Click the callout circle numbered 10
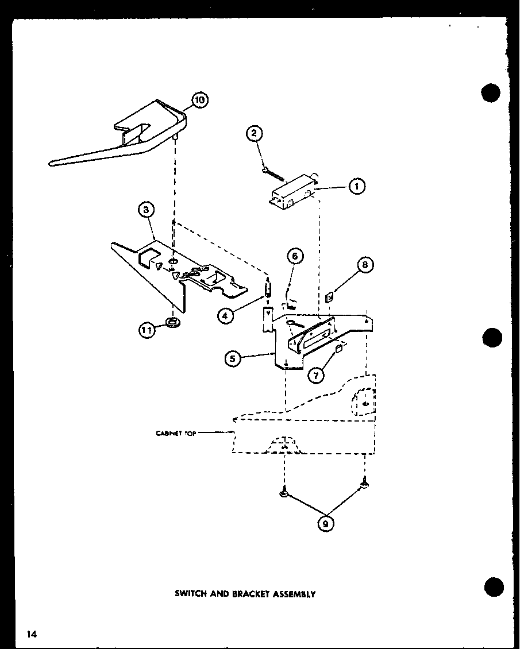click(x=199, y=101)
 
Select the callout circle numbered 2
click(x=255, y=134)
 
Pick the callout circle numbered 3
click(x=147, y=210)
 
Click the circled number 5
click(x=294, y=256)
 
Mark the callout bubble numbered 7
click(x=365, y=265)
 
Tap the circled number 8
click(x=325, y=524)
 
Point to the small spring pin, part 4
click(x=268, y=288)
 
